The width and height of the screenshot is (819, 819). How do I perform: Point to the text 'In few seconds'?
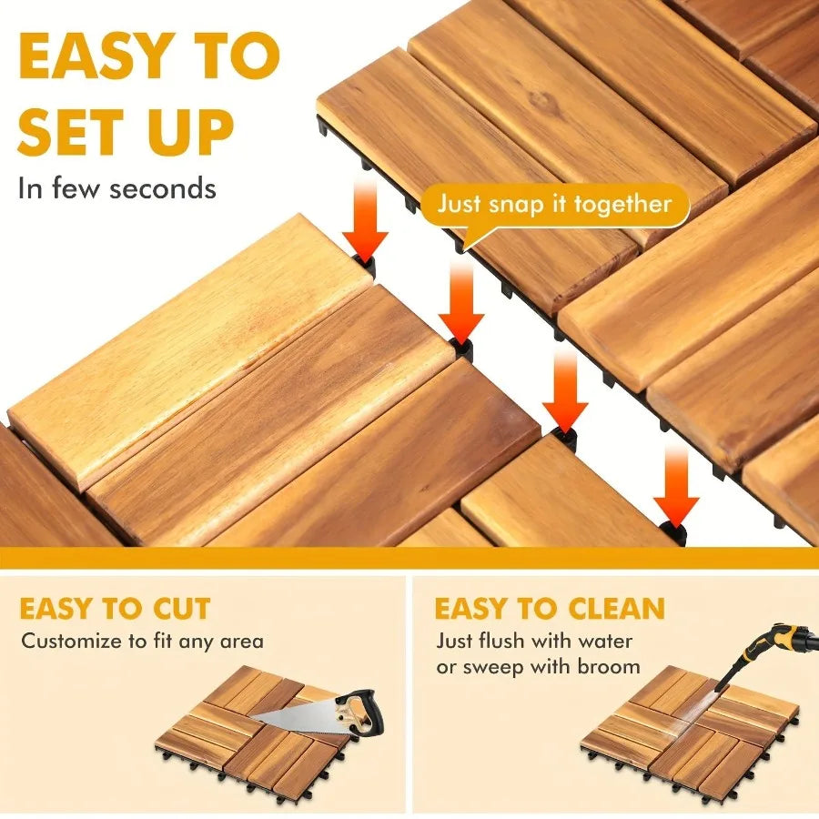tap(117, 187)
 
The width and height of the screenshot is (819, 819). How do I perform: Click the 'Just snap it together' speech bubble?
tap(554, 204)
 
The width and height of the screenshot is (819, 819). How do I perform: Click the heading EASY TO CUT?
tap(116, 608)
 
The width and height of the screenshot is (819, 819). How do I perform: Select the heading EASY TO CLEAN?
tap(550, 608)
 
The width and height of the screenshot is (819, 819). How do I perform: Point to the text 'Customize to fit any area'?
tap(143, 641)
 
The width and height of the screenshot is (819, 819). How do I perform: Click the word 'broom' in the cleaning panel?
tap(608, 666)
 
